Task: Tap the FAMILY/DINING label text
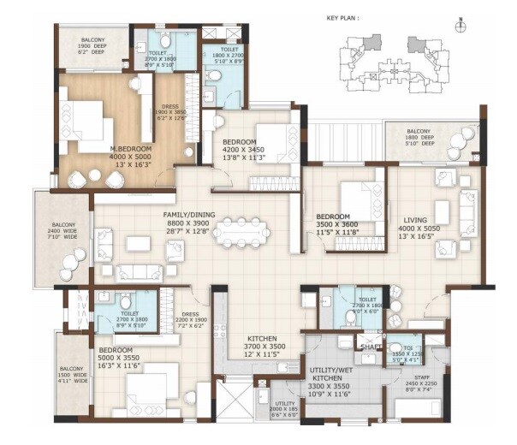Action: [189, 214]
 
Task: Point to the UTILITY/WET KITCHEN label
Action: [335, 371]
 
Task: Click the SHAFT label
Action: [370, 347]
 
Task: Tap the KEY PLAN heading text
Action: [343, 16]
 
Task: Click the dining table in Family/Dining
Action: [242, 230]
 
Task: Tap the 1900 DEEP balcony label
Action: [93, 46]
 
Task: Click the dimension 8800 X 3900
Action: [189, 224]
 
